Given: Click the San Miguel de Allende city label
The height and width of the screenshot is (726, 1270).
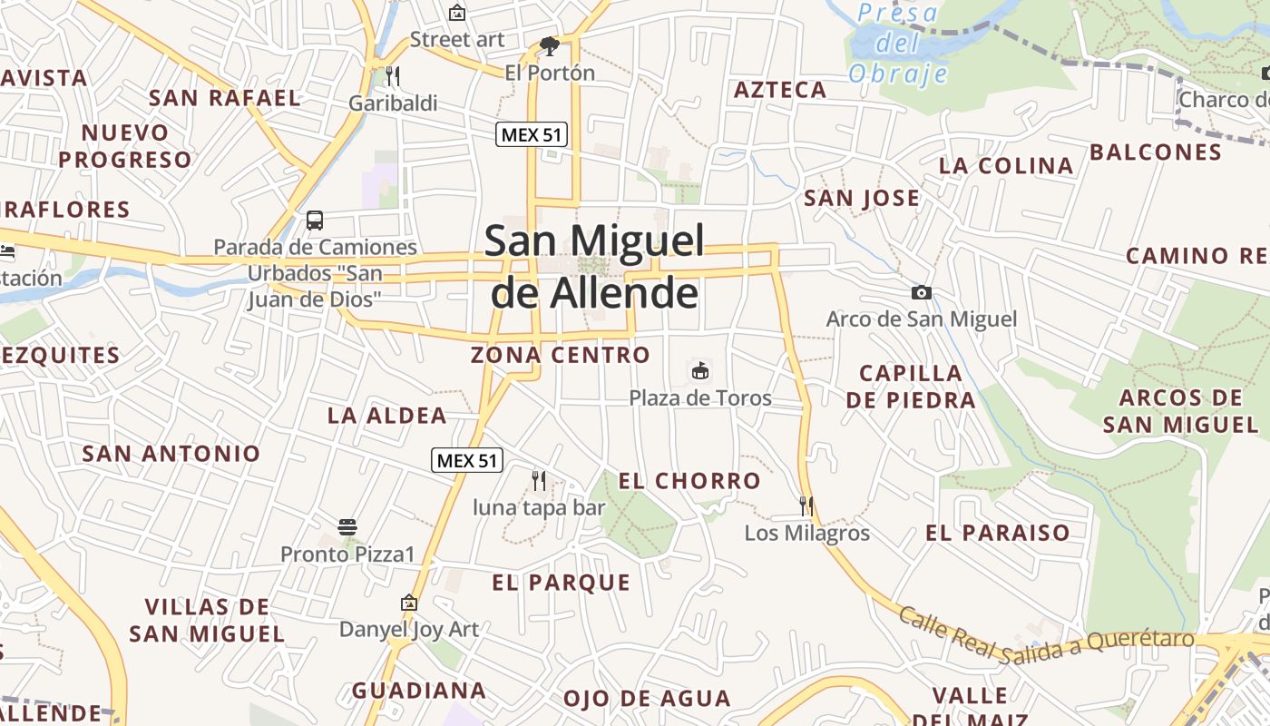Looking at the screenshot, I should tap(594, 267).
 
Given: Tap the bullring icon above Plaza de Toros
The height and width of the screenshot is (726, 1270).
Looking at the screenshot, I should tap(700, 370).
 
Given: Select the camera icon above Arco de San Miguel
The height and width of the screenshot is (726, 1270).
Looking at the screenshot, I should tap(921, 292).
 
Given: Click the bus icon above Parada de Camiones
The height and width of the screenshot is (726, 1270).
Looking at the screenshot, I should tap(315, 220).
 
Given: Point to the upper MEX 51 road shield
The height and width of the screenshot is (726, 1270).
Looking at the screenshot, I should tap(532, 135).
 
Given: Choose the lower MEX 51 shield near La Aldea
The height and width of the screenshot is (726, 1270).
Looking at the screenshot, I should tap(467, 460).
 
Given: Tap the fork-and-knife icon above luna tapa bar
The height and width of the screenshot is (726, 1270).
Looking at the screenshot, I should tap(538, 479).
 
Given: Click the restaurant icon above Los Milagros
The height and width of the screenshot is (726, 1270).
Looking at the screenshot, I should tap(806, 505).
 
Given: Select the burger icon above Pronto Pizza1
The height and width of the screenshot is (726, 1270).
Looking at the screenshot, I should tap(347, 526).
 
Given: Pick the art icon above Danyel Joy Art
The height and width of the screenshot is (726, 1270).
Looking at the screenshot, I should tap(409, 602).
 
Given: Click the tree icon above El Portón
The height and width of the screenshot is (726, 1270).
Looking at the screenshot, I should tap(548, 45).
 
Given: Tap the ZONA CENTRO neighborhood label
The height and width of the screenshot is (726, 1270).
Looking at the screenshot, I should tap(561, 355).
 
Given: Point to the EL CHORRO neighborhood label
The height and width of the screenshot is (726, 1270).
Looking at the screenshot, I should tap(689, 481).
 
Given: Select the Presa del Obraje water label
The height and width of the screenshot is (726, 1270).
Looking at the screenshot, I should tap(898, 44).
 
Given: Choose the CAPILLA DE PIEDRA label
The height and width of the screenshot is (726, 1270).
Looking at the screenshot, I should tap(911, 387).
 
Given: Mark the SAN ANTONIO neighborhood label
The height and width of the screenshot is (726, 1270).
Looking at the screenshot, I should tap(171, 453).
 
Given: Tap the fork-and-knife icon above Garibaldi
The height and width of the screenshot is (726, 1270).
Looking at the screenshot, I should tap(393, 74).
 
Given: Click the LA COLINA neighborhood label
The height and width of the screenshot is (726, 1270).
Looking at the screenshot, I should tap(1006, 166).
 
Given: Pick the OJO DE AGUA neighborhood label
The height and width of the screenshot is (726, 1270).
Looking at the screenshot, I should tap(647, 699).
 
